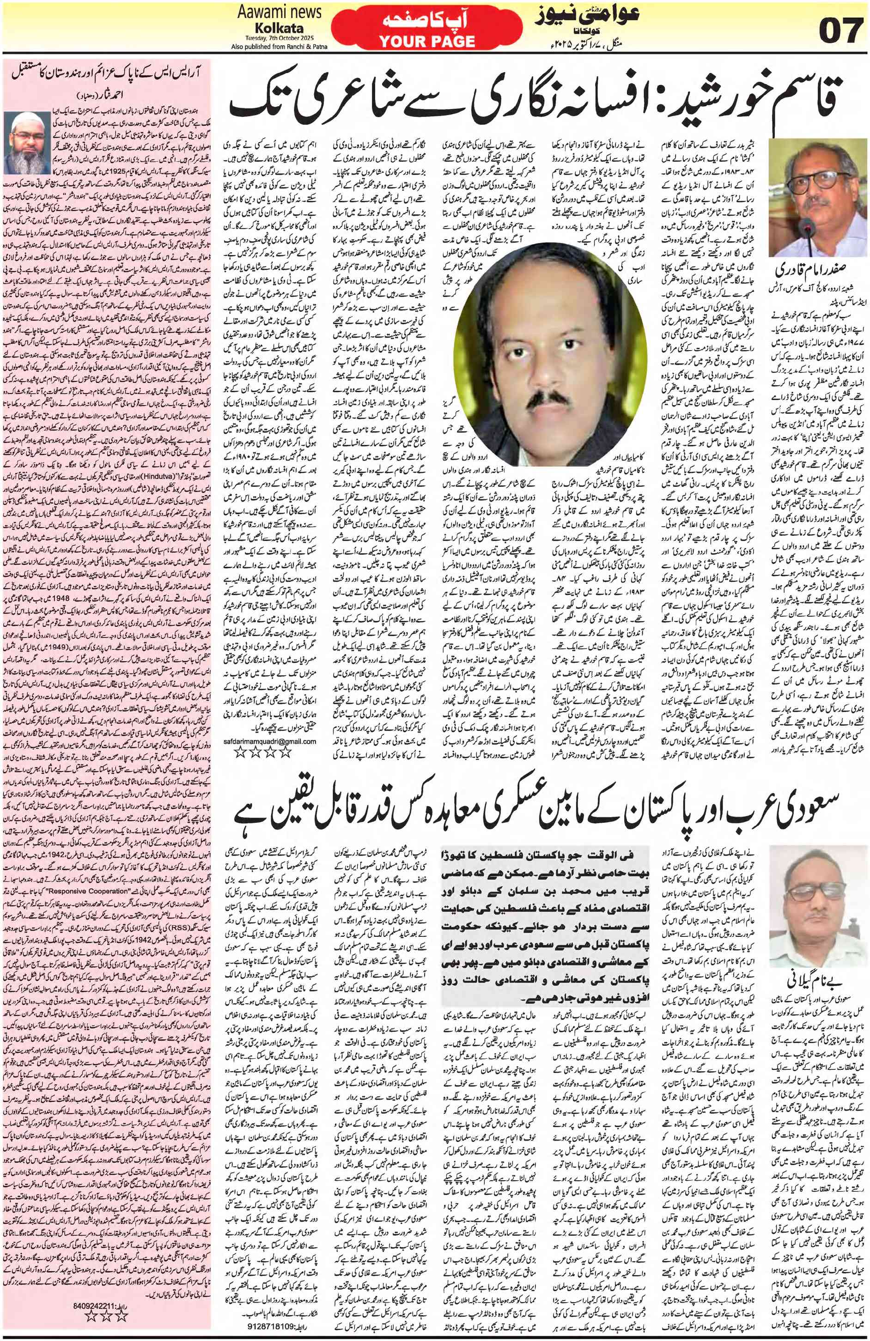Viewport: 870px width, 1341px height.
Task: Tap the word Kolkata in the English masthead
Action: point(280,28)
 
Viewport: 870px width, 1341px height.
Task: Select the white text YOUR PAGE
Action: point(426,41)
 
